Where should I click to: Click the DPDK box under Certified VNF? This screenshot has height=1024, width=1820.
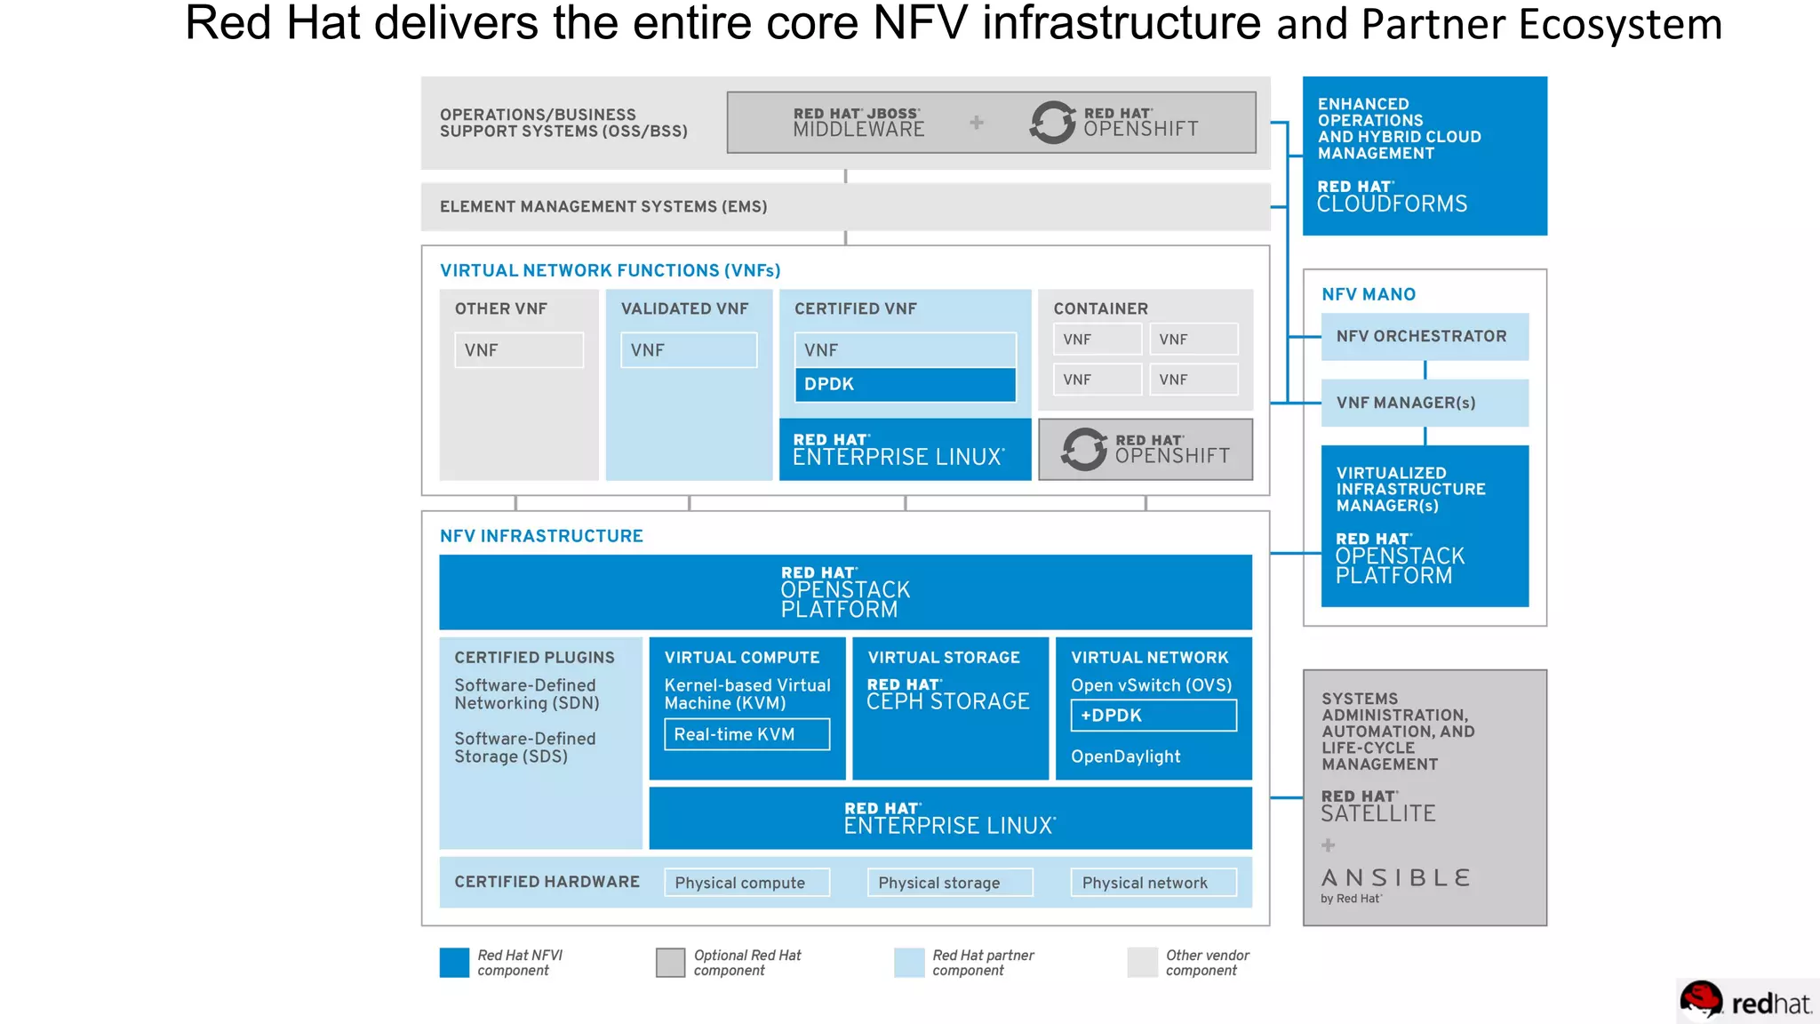(905, 384)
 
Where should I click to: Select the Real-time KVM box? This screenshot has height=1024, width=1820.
(746, 734)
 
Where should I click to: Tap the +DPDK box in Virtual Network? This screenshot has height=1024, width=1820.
(1153, 716)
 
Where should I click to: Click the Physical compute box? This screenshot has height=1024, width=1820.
(746, 883)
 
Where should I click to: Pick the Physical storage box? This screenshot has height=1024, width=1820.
(949, 883)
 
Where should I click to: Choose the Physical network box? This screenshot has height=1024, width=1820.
(1153, 883)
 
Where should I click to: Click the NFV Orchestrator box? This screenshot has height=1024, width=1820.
(1424, 336)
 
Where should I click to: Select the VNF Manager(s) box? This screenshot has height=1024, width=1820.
(1424, 403)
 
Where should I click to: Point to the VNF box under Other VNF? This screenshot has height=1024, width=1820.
(519, 350)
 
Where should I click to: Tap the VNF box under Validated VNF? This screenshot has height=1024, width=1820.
(689, 350)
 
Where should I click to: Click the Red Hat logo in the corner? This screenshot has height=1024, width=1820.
(1745, 1002)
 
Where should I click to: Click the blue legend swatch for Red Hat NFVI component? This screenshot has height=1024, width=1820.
(454, 963)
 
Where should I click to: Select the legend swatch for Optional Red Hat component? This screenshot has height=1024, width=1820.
(670, 963)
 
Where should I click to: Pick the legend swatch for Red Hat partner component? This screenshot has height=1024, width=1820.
(909, 963)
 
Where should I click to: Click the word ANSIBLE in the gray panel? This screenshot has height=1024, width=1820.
(1395, 878)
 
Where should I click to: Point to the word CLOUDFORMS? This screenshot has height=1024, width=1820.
(1392, 204)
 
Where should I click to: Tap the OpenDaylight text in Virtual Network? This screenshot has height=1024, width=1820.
(1125, 756)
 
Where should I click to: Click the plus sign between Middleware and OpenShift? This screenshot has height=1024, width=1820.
(977, 123)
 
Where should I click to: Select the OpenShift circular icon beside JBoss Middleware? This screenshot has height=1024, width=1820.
(1053, 123)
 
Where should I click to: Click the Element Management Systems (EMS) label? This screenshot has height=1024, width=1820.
(603, 206)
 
